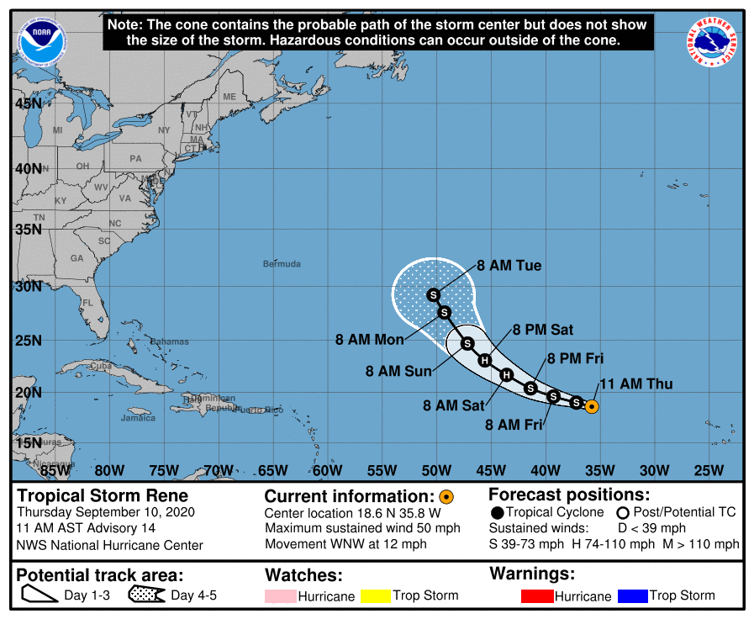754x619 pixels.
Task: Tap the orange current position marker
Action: (x=591, y=407)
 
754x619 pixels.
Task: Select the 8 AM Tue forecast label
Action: (x=509, y=266)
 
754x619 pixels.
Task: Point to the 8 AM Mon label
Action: (x=370, y=340)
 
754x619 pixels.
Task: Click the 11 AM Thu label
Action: (x=635, y=385)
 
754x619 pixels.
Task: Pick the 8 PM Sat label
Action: (x=543, y=330)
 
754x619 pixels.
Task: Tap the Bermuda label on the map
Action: (x=282, y=264)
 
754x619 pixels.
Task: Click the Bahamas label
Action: (x=170, y=342)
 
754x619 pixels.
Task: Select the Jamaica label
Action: (x=138, y=418)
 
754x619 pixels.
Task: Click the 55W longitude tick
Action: (x=382, y=469)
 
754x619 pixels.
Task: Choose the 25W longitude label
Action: (x=709, y=469)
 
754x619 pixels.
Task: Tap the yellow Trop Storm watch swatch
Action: (x=376, y=596)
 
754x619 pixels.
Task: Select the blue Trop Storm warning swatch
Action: (x=632, y=596)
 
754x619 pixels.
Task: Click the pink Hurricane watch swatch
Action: (x=281, y=596)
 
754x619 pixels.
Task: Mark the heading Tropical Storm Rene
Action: (x=103, y=495)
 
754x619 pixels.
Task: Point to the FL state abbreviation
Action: (x=87, y=303)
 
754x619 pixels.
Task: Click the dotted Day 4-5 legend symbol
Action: (x=146, y=596)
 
